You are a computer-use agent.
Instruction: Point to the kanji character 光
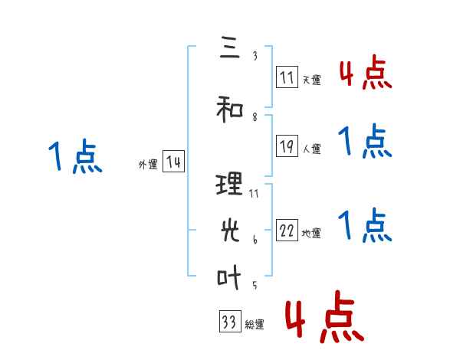tap(230, 229)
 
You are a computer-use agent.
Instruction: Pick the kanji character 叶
tap(230, 277)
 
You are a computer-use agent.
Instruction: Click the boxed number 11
tap(287, 77)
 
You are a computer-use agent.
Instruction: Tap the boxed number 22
tap(287, 231)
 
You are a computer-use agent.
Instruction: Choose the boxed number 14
tap(173, 162)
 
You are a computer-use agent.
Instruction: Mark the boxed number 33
tap(229, 322)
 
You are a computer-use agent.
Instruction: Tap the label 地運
tap(311, 234)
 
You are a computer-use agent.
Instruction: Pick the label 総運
tap(255, 325)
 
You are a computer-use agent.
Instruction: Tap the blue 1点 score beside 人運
tap(364, 142)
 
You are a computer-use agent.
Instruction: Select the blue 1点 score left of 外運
tap(74, 157)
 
